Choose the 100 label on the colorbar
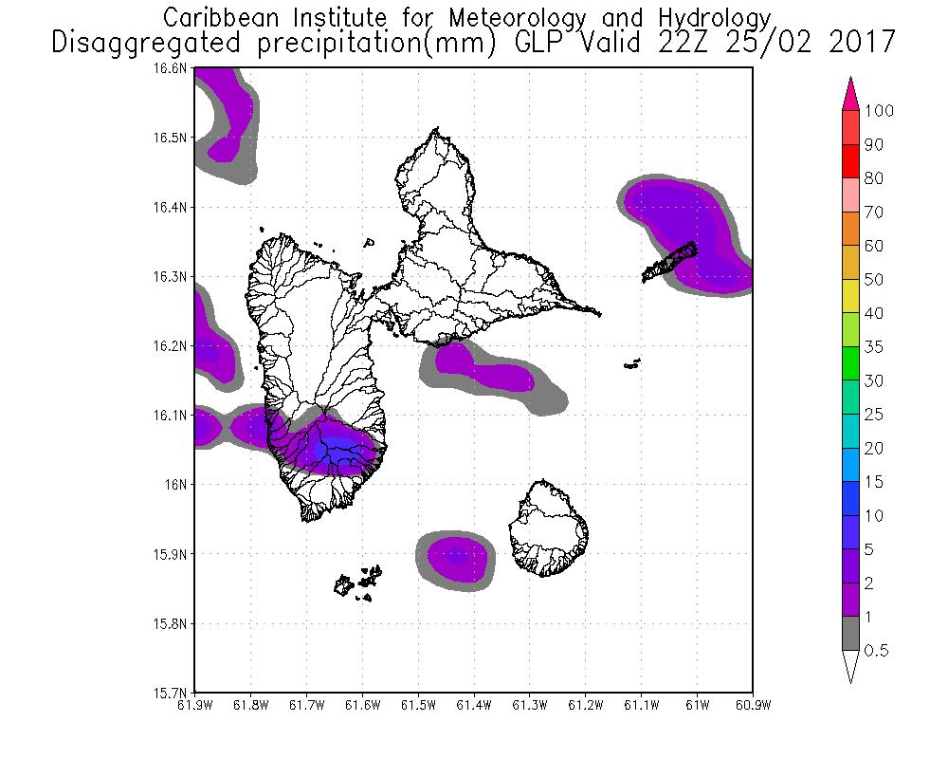coord(879,111)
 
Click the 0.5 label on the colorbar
coord(876,651)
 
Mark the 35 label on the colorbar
coord(873,347)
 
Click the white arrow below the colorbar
coord(850,666)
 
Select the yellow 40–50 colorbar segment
coord(850,296)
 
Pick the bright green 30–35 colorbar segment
coord(850,364)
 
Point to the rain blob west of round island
coord(456,558)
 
